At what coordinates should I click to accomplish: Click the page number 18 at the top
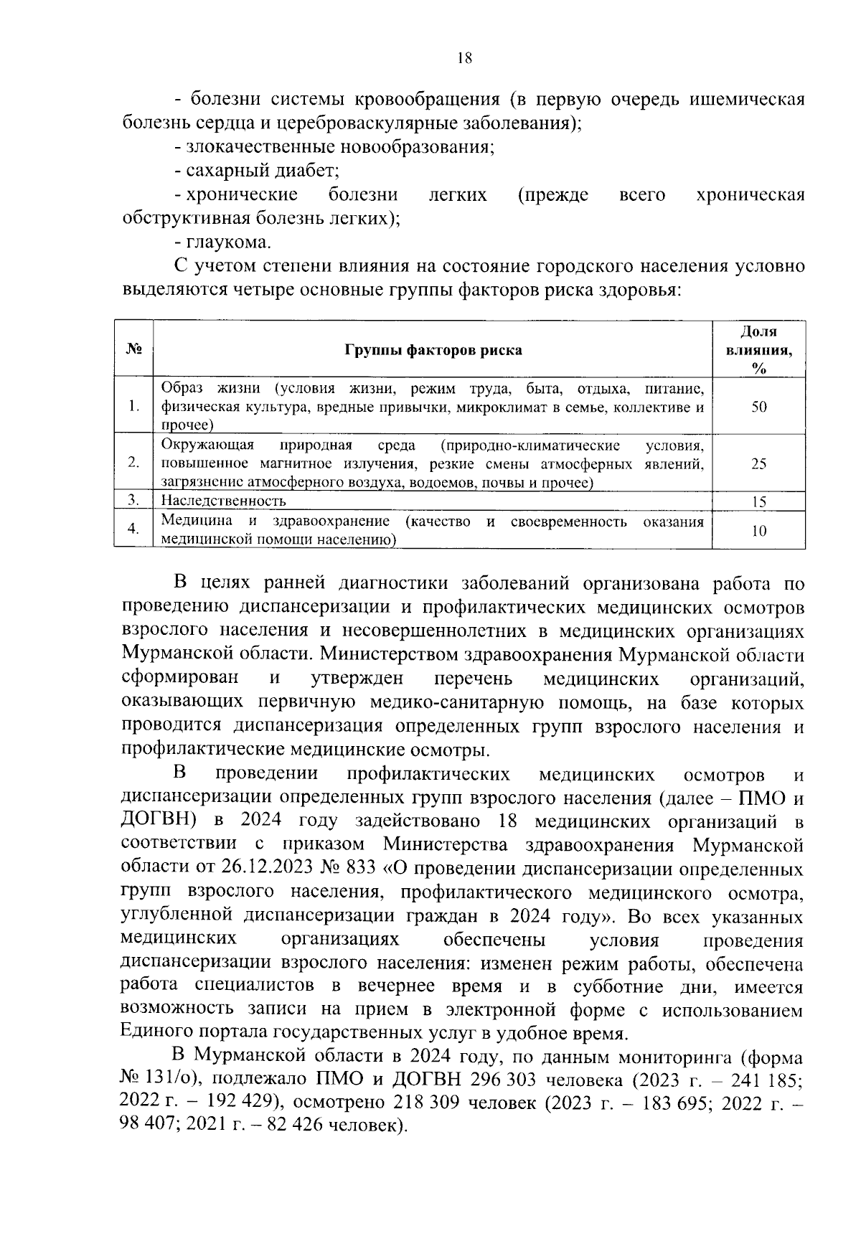click(x=464, y=60)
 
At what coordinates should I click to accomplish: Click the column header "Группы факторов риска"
click(x=433, y=350)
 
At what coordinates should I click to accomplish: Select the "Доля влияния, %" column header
click(x=758, y=350)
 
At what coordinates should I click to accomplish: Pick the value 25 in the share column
click(x=758, y=464)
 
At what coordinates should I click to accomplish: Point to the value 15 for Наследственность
click(x=758, y=502)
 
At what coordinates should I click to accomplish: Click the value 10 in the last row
click(x=758, y=532)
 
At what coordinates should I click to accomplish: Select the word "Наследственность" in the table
click(x=223, y=501)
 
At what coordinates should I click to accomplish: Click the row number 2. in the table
click(x=133, y=463)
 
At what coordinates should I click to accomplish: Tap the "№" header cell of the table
click(x=133, y=350)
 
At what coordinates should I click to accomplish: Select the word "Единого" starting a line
click(x=158, y=1033)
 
